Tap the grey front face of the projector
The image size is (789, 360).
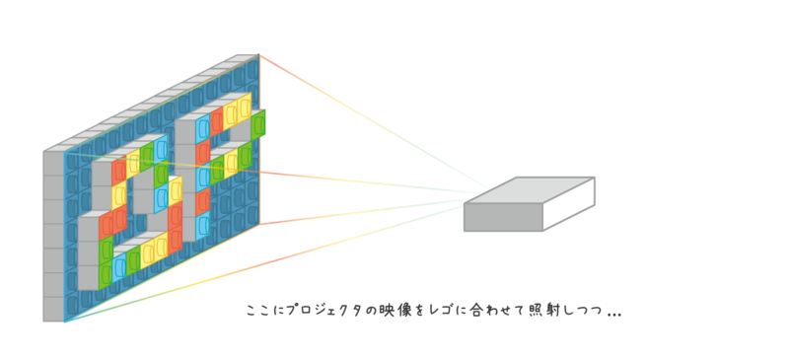coord(502,217)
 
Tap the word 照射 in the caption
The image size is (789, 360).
coord(539,311)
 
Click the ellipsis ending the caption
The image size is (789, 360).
coord(613,314)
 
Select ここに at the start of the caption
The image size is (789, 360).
coord(260,311)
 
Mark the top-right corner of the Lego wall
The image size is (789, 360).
coord(260,54)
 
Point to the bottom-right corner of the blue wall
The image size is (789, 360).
coord(260,226)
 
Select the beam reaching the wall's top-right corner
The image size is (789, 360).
coord(375,123)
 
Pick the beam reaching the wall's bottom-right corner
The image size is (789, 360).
coord(375,210)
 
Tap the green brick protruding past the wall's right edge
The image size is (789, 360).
coord(258,123)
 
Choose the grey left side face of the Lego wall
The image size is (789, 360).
coord(53,237)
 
